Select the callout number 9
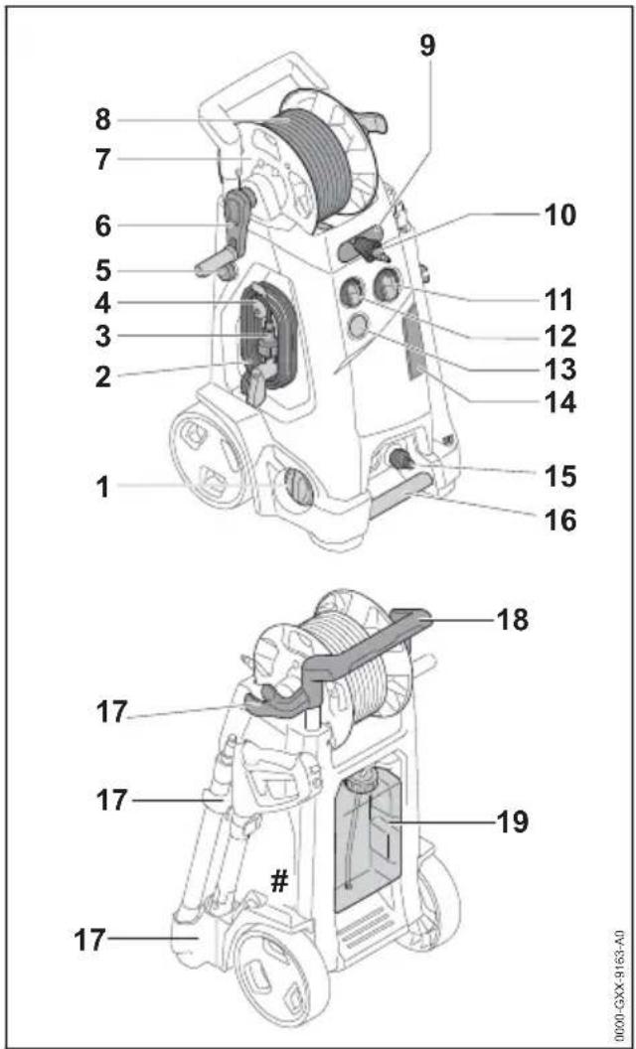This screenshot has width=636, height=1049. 427,46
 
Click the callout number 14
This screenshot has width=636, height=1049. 557,403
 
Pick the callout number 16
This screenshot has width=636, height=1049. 557,520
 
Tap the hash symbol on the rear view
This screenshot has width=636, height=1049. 279,884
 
